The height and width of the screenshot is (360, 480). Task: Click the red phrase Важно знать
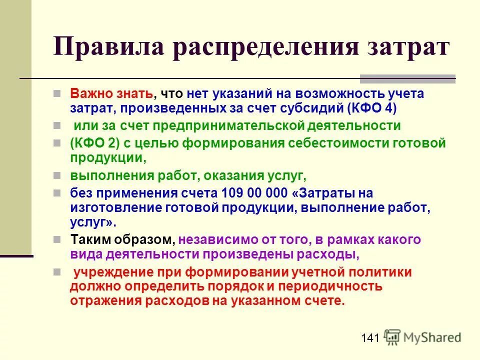coord(111,93)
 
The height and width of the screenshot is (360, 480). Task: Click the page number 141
coord(369,338)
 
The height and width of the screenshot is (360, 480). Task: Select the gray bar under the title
coord(407,78)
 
